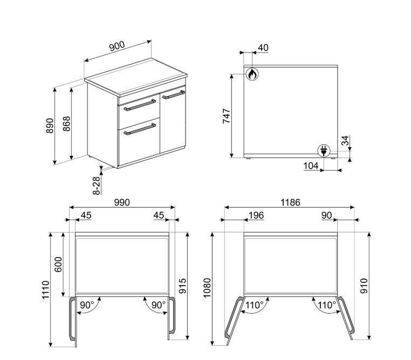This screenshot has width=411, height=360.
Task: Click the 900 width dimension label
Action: (x=117, y=46)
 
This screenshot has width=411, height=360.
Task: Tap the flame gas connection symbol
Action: (x=252, y=74)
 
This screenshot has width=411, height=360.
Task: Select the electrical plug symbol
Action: (x=324, y=151)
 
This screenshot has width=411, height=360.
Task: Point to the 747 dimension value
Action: (x=227, y=116)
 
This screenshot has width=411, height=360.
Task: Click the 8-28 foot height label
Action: (x=97, y=185)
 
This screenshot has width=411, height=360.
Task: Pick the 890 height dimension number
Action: (x=50, y=126)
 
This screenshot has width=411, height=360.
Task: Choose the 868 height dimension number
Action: (x=66, y=124)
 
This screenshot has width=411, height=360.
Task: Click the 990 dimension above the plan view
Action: (x=122, y=203)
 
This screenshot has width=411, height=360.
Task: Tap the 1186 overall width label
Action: (x=290, y=203)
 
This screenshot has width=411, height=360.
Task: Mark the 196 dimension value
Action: (x=256, y=215)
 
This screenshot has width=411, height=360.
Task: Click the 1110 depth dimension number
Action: (x=46, y=290)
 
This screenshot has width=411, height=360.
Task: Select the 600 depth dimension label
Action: (x=58, y=265)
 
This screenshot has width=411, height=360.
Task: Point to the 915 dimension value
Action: (x=182, y=286)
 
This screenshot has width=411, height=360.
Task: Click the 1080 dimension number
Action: (x=207, y=288)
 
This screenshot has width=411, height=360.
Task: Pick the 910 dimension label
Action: (x=364, y=286)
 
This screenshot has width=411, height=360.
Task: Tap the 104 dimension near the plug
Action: (x=311, y=166)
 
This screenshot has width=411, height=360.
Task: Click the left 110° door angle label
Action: (x=254, y=305)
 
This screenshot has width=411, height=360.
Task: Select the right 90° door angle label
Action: (x=159, y=305)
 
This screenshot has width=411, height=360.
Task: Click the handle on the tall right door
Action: (x=174, y=94)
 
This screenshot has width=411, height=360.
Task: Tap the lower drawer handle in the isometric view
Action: (x=140, y=129)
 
